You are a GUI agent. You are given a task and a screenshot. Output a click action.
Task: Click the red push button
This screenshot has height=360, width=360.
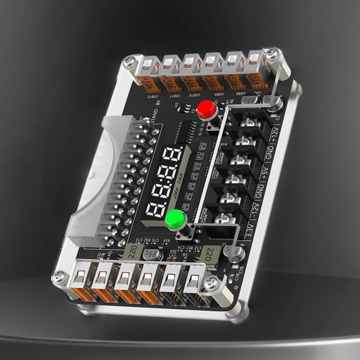click(x=207, y=109)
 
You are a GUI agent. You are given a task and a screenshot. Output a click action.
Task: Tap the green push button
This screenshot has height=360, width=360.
click(x=175, y=220)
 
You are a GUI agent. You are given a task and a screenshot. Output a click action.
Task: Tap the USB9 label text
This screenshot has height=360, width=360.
click(x=220, y=94)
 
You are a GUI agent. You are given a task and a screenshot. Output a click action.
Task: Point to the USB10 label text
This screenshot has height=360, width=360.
click(x=198, y=94)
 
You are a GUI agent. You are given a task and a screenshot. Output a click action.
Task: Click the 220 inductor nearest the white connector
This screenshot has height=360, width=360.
click(x=133, y=251)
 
